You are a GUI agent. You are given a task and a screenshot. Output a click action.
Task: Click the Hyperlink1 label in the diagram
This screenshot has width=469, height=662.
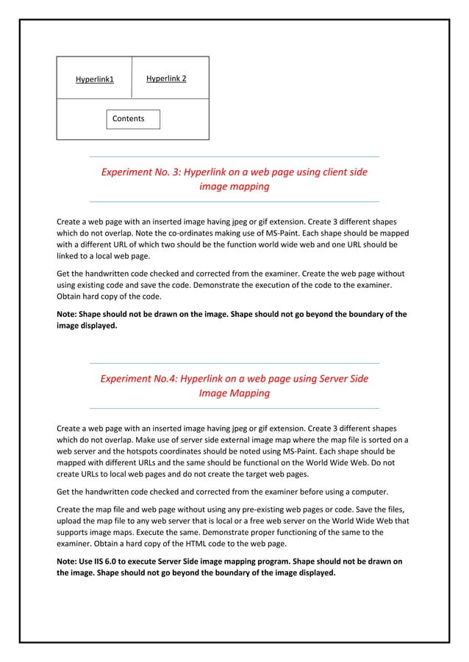pos(95,79)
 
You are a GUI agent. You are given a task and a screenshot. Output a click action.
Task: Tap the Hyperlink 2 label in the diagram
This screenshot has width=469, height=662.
pos(166,78)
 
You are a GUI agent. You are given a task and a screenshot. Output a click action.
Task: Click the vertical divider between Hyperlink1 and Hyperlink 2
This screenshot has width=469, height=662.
pos(132,77)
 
